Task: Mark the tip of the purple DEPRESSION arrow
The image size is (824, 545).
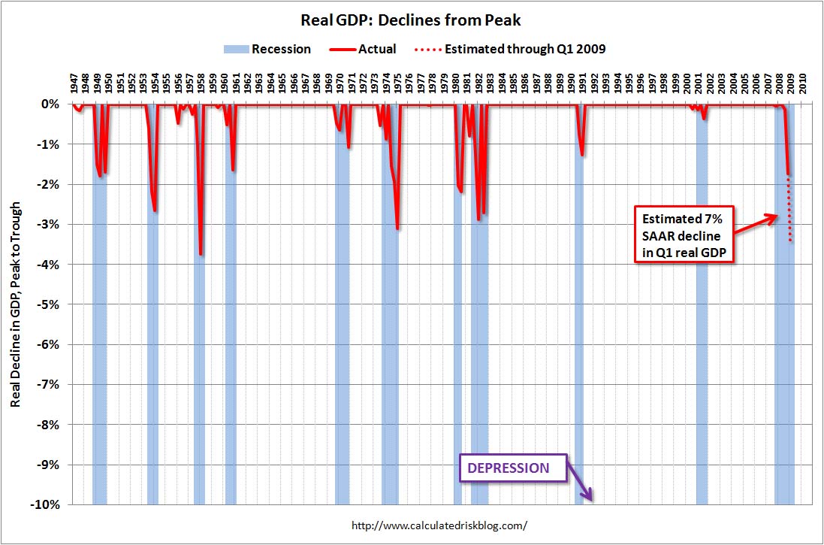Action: point(593,499)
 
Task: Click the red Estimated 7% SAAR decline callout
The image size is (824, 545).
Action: point(684,234)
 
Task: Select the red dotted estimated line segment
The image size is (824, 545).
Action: point(790,210)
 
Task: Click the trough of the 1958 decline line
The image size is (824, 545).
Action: point(201,254)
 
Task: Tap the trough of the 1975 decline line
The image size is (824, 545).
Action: point(397,229)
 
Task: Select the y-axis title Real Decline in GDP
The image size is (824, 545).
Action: point(16,304)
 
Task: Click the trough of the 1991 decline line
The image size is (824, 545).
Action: point(582,155)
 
